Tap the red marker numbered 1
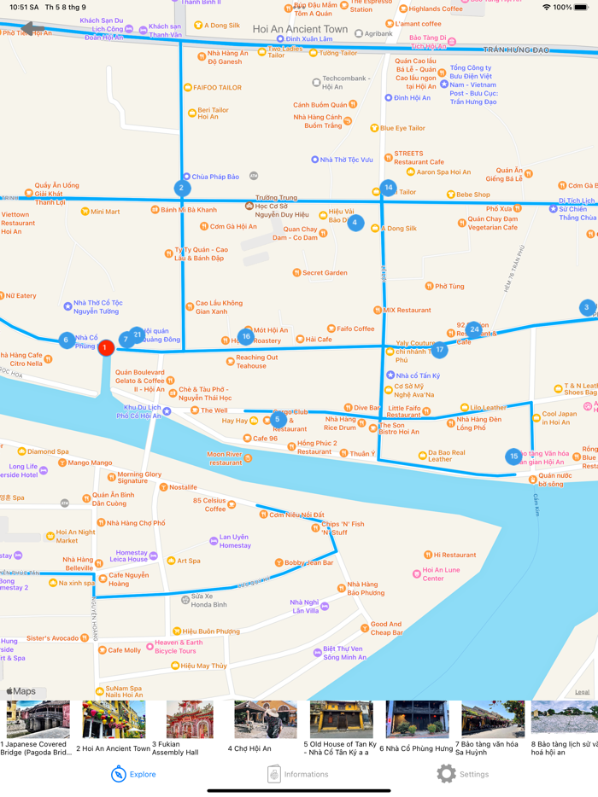pyautogui.click(x=105, y=347)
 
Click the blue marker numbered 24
pyautogui.click(x=474, y=329)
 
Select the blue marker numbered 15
pyautogui.click(x=513, y=457)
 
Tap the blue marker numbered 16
pyautogui.click(x=246, y=336)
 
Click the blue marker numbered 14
pyautogui.click(x=389, y=187)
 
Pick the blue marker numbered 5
pyautogui.click(x=278, y=419)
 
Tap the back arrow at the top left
pyautogui.click(x=32, y=29)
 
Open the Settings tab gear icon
pyautogui.click(x=446, y=774)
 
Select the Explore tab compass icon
pyautogui.click(x=119, y=774)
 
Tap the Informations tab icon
pyautogui.click(x=274, y=774)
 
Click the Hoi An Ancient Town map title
pyautogui.click(x=300, y=29)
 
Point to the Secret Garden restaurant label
pyautogui.click(x=324, y=273)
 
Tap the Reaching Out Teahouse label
pyautogui.click(x=256, y=362)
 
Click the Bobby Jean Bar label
pyautogui.click(x=308, y=563)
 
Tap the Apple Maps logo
pyautogui.click(x=21, y=691)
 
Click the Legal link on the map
pyautogui.click(x=582, y=692)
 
